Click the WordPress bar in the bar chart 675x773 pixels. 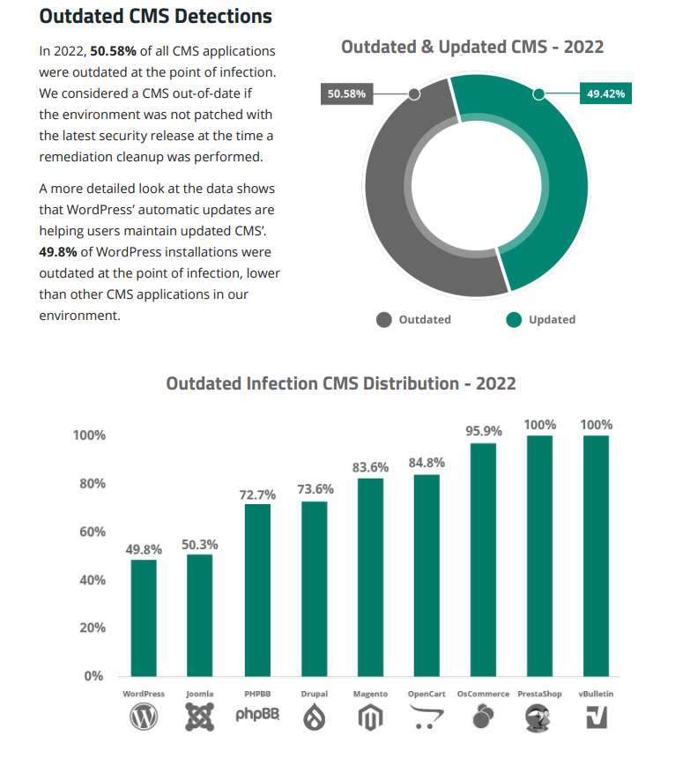(x=144, y=617)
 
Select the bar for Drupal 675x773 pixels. (x=314, y=588)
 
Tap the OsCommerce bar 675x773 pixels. (x=483, y=559)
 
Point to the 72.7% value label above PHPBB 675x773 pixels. (x=257, y=494)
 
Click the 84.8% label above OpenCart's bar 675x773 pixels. (x=427, y=462)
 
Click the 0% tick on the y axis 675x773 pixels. (x=93, y=677)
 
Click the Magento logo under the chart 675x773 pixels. (x=370, y=718)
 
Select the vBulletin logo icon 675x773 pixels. (x=597, y=718)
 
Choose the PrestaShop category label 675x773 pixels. (x=540, y=695)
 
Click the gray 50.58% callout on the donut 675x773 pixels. (x=346, y=93)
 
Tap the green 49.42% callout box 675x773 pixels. (x=605, y=93)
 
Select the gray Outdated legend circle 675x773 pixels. (x=383, y=320)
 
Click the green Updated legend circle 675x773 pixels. (x=514, y=320)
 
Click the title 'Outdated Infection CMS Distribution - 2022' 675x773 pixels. (x=341, y=383)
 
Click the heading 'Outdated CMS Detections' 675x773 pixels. (x=156, y=17)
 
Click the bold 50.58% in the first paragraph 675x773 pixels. (x=113, y=51)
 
